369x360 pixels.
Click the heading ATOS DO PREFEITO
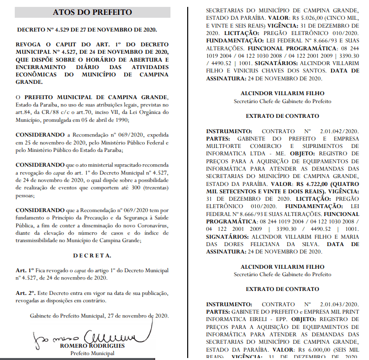tap(93, 12)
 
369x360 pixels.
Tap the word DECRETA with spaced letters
tap(92, 255)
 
